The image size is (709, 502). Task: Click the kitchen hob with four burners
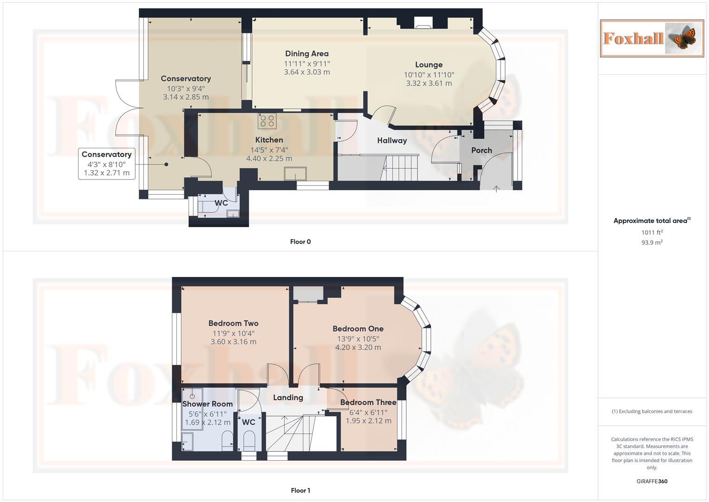267,121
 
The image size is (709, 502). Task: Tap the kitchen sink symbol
295,173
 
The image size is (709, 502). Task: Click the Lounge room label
429,65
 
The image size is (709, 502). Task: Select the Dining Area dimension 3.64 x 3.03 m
307,72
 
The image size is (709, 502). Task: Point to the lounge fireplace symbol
423,23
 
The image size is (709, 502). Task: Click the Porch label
481,150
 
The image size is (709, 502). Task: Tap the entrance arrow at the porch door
496,188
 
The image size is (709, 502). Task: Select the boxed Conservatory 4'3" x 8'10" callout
106,164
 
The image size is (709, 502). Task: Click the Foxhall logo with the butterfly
651,38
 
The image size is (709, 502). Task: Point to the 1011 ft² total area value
651,232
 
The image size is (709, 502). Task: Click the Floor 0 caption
300,242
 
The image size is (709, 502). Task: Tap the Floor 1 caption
300,490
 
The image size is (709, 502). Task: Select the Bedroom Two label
233,323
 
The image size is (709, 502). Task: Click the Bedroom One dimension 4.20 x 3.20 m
358,347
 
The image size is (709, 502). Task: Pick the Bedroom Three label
368,402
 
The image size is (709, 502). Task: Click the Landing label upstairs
288,397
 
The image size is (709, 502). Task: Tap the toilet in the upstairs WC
249,439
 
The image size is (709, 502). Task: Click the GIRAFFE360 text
651,481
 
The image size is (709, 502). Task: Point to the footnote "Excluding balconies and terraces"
652,411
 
